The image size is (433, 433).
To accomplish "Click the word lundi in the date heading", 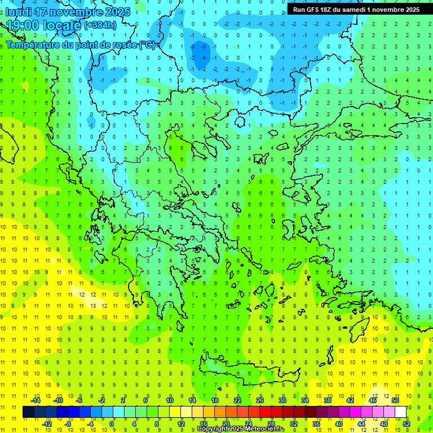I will coord(17,12).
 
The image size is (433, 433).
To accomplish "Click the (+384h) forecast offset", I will coord(100,25).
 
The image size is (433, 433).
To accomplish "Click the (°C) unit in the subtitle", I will coord(147,45).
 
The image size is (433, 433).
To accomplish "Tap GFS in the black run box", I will coord(312,10).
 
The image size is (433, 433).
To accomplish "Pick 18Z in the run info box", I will coord(328,10).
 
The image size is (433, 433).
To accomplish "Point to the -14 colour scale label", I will coord(35,400).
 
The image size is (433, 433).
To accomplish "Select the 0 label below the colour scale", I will coord(112,424).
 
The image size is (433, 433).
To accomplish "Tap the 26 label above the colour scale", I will coord(259,400).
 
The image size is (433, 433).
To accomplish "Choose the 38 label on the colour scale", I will coord(327,400).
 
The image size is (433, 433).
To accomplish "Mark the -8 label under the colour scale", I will coord(68,424).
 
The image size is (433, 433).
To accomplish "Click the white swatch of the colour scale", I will coord(401,412).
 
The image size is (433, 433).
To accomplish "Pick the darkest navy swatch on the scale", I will coord(28,412).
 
